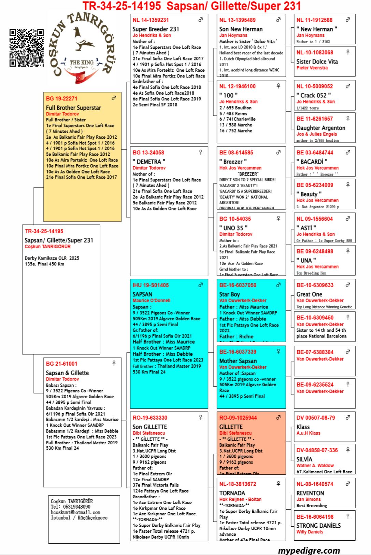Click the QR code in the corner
[x=27, y=47]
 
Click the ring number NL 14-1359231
[x=151, y=20]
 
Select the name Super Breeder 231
[x=156, y=29]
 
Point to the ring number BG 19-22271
[x=61, y=99]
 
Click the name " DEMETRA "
[x=149, y=162]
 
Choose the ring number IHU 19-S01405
[x=151, y=285]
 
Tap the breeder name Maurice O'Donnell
[x=151, y=301]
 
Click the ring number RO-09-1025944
[x=238, y=418]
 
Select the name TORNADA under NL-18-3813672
[x=232, y=493]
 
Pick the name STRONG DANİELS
[x=318, y=526]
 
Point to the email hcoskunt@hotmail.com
[x=75, y=512]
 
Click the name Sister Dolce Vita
[x=317, y=61]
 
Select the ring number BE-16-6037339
[x=238, y=352]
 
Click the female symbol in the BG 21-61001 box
[x=114, y=363]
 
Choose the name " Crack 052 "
[x=314, y=95]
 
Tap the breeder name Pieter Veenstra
[x=312, y=68]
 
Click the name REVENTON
[x=310, y=493]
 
